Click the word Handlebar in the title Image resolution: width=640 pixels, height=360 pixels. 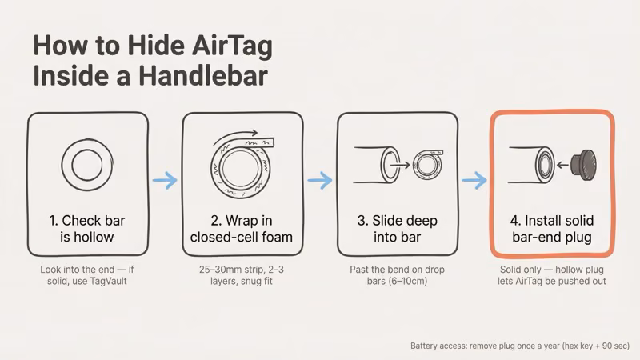(211, 78)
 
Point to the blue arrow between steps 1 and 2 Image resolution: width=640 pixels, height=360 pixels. (165, 181)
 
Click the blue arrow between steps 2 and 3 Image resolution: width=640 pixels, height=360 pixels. (320, 181)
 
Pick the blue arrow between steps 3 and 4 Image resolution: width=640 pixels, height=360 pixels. (474, 181)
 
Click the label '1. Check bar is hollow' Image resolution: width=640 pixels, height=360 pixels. (88, 228)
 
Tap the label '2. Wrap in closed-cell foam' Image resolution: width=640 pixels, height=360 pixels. (242, 228)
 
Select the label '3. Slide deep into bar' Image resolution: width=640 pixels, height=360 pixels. (397, 228)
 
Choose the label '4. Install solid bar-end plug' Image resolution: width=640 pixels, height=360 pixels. (551, 228)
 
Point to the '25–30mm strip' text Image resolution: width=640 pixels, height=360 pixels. (222, 270)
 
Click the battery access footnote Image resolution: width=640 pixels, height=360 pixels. (519, 346)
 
